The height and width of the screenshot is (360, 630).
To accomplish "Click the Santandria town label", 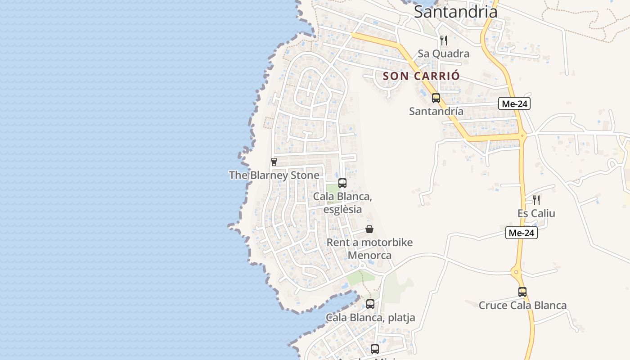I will click(455, 12).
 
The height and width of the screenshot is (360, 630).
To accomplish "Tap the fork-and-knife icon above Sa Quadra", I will click(444, 40).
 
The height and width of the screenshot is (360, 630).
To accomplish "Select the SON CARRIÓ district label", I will click(421, 76).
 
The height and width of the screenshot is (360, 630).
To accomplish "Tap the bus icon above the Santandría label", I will click(436, 98).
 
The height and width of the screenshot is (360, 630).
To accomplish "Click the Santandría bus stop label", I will click(436, 111).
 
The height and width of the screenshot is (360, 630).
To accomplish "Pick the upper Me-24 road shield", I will click(515, 104).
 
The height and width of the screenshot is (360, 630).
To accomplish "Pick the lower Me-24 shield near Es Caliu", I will click(522, 233).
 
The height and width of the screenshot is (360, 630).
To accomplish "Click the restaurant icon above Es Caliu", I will click(536, 200).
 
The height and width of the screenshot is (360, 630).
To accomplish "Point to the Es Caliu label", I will click(536, 213).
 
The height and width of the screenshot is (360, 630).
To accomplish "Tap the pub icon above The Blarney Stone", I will click(274, 162).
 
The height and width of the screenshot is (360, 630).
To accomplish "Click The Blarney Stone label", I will click(274, 175).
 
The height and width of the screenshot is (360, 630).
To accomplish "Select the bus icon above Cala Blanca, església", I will click(342, 183).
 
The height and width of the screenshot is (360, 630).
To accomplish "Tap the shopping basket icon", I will click(369, 229).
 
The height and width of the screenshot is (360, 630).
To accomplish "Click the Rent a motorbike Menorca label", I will click(369, 249).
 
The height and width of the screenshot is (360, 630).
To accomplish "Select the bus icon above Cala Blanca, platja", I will click(370, 304).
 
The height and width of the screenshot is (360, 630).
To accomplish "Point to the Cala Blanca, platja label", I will click(370, 318).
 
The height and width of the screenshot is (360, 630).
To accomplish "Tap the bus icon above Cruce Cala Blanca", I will click(522, 292).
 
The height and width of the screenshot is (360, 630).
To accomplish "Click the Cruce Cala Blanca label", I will click(522, 306).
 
